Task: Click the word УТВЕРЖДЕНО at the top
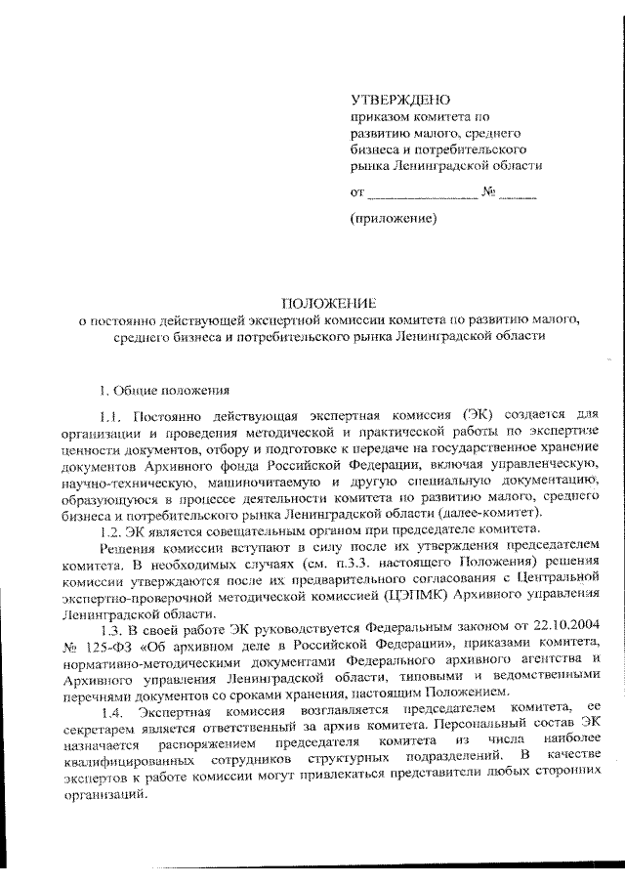[400, 100]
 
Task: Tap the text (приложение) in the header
[392, 221]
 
